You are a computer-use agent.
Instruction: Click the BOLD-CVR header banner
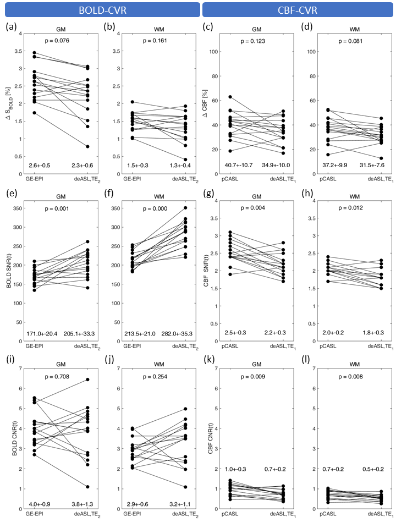(100, 10)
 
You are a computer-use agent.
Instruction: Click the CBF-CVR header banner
(296, 10)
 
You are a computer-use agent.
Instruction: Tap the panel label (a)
(10, 26)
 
